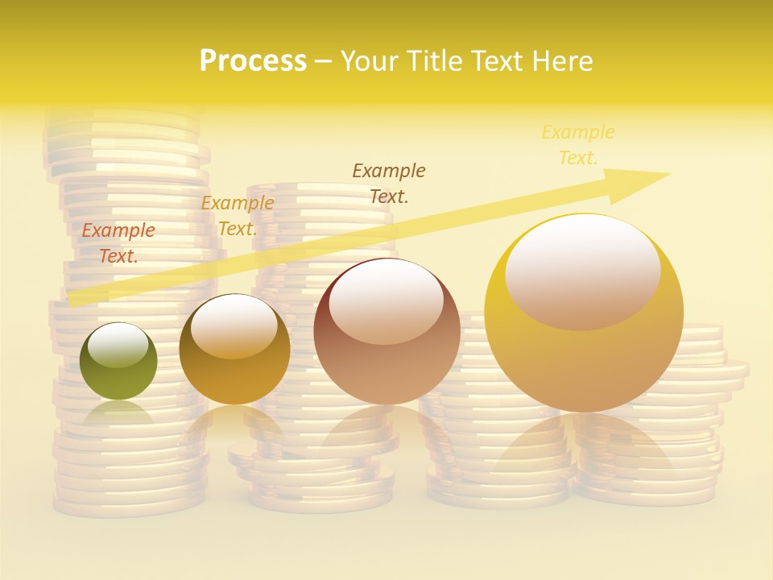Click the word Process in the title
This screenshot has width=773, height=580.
(253, 61)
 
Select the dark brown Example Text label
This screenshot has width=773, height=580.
(389, 183)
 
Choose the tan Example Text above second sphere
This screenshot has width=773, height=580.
(238, 216)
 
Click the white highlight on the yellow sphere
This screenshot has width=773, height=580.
(582, 270)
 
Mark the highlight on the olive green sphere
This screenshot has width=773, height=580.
(118, 345)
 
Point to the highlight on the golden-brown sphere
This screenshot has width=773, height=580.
(234, 324)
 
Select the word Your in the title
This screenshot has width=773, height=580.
(370, 61)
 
